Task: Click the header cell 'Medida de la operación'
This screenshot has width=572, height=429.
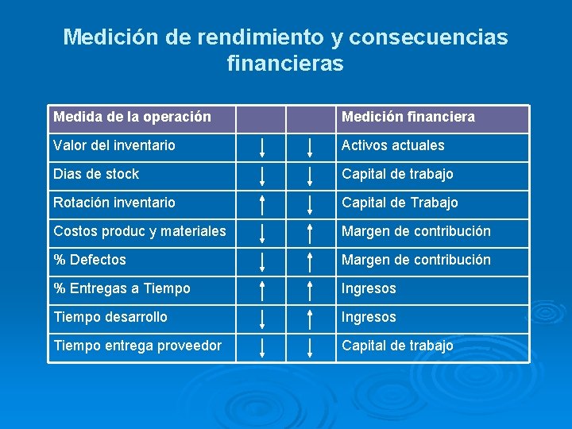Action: [x=132, y=118]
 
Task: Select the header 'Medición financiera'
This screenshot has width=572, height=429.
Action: [x=408, y=118]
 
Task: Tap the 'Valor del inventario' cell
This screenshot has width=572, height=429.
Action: [x=114, y=145]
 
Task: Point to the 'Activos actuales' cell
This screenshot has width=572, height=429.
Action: [x=393, y=145]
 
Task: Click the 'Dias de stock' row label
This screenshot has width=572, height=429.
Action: [x=96, y=174]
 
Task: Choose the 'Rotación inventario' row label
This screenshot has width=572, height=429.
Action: [x=114, y=203]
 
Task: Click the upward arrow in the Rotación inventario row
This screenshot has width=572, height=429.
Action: [x=261, y=204]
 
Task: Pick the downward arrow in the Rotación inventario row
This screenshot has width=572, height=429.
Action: [x=311, y=204]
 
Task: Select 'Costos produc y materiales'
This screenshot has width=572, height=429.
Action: [x=140, y=231]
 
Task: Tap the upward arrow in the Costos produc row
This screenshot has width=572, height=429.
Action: [x=311, y=233]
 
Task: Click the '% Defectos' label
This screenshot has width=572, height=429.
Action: [x=90, y=260]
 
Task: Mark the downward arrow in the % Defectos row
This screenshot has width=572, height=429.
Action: [x=261, y=261]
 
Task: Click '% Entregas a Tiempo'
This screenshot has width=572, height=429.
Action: [x=122, y=288]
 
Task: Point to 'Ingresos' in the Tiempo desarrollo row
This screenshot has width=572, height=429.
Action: [x=369, y=317]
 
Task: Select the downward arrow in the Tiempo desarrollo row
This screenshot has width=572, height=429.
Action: [x=261, y=319]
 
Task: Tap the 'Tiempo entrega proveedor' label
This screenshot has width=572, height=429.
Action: [x=137, y=346]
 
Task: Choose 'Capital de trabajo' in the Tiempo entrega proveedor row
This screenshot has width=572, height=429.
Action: [x=397, y=346]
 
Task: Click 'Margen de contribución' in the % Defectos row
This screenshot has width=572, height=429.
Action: [x=416, y=260]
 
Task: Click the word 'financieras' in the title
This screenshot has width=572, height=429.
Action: [x=285, y=63]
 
